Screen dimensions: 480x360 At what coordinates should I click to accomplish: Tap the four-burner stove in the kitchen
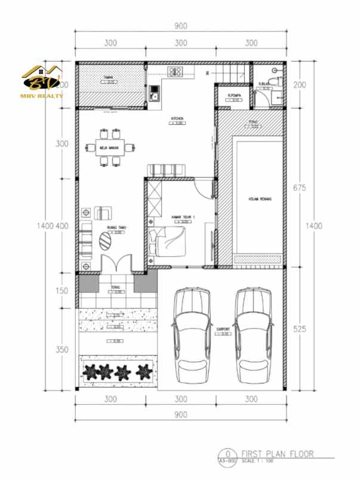[176, 72]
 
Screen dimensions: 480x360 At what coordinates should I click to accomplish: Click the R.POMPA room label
[233, 94]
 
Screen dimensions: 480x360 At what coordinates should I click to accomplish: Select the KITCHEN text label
[177, 119]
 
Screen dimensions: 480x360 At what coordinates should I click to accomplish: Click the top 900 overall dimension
[181, 26]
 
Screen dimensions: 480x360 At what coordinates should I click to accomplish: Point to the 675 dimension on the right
[300, 187]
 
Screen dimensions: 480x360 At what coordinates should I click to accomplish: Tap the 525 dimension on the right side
[300, 328]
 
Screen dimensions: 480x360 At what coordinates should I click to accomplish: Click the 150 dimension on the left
[61, 291]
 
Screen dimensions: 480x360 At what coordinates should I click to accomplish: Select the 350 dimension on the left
[61, 349]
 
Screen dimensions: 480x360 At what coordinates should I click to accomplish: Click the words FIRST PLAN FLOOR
[276, 453]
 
